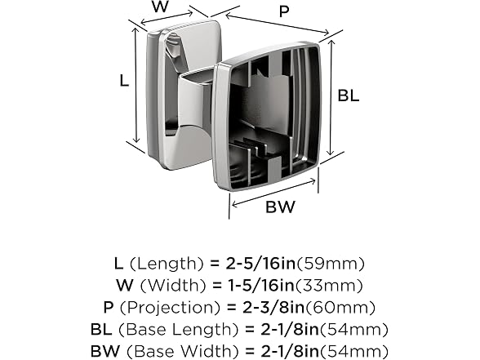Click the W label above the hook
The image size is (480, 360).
point(160,7)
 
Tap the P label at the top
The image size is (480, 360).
point(284,11)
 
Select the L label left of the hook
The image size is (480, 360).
point(124,81)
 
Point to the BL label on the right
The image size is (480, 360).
point(349,96)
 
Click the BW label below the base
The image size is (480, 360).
point(281,207)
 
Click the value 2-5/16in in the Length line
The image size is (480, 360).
point(261,264)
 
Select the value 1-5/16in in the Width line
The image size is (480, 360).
point(261,286)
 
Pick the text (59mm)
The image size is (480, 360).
point(331,264)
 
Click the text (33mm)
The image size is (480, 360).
point(329,286)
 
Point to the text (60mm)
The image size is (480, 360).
point(340,308)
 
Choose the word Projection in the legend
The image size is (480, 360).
point(170,308)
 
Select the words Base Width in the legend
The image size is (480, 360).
point(180,351)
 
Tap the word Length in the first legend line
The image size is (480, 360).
point(167,264)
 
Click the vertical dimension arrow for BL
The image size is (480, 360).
point(331,97)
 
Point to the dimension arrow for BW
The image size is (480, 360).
point(273,193)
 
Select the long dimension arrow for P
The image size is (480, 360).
point(278,24)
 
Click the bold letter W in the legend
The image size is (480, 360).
point(125,286)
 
